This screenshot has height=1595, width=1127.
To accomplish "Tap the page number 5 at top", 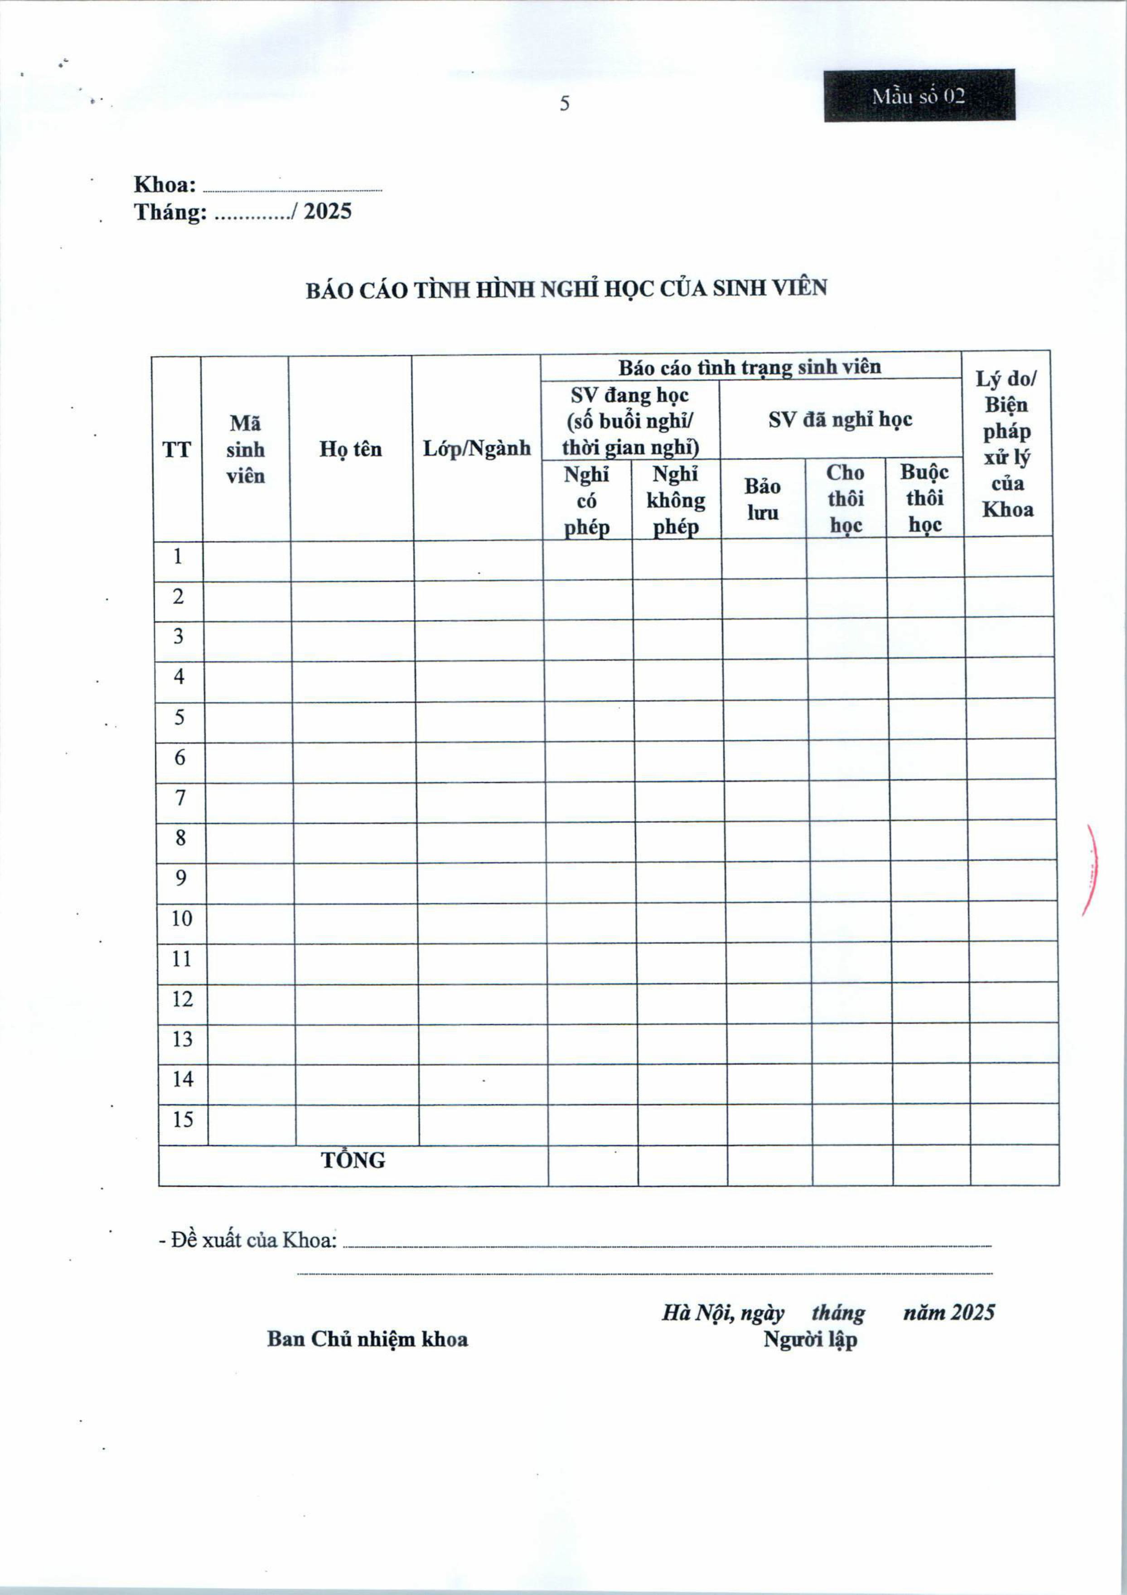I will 564,103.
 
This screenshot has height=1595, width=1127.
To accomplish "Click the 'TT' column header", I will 176,449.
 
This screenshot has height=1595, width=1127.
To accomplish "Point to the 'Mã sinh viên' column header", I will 245,449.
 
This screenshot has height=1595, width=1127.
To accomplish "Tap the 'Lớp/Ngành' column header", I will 477,449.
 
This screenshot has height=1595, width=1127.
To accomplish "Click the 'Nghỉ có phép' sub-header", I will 586,501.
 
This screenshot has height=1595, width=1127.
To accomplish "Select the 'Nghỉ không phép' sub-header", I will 675,501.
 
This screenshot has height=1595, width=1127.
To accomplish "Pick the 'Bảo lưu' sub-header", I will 762,499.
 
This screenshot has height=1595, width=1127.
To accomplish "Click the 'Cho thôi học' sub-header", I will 845,499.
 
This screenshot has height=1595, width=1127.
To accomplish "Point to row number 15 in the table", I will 183,1119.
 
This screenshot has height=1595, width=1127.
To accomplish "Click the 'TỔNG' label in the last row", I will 353,1160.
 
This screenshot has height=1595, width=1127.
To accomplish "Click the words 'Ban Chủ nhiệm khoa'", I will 367,1339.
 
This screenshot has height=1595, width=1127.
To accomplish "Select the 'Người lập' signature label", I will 810,1339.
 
